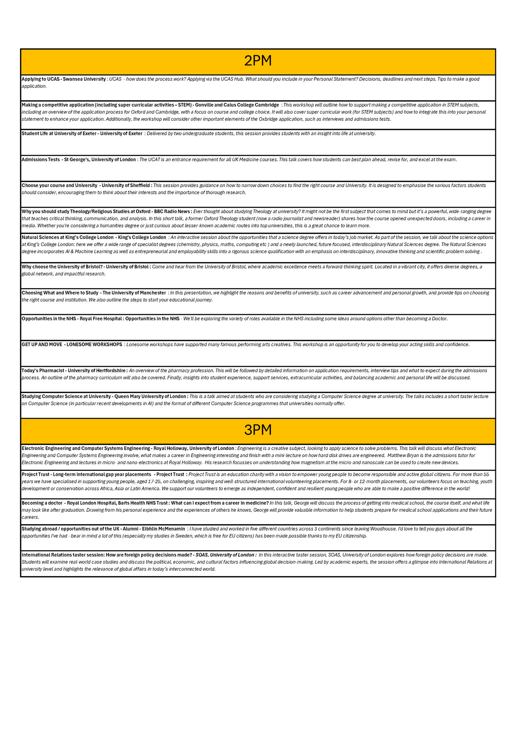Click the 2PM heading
click(258, 61)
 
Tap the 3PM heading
click(258, 430)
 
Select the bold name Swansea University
click(84, 79)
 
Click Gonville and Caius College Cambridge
click(237, 105)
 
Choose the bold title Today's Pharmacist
click(43, 371)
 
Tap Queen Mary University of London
click(150, 397)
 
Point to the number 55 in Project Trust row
click(486, 474)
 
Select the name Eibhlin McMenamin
click(163, 529)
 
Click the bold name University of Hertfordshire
click(97, 371)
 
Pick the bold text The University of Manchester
click(134, 293)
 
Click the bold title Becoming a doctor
click(42, 503)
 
